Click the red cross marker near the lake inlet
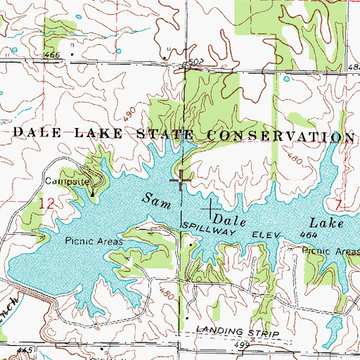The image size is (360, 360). (x=181, y=180)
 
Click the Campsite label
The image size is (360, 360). (x=66, y=181)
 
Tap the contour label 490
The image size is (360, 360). (x=127, y=112)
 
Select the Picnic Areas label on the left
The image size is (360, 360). (x=94, y=241)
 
